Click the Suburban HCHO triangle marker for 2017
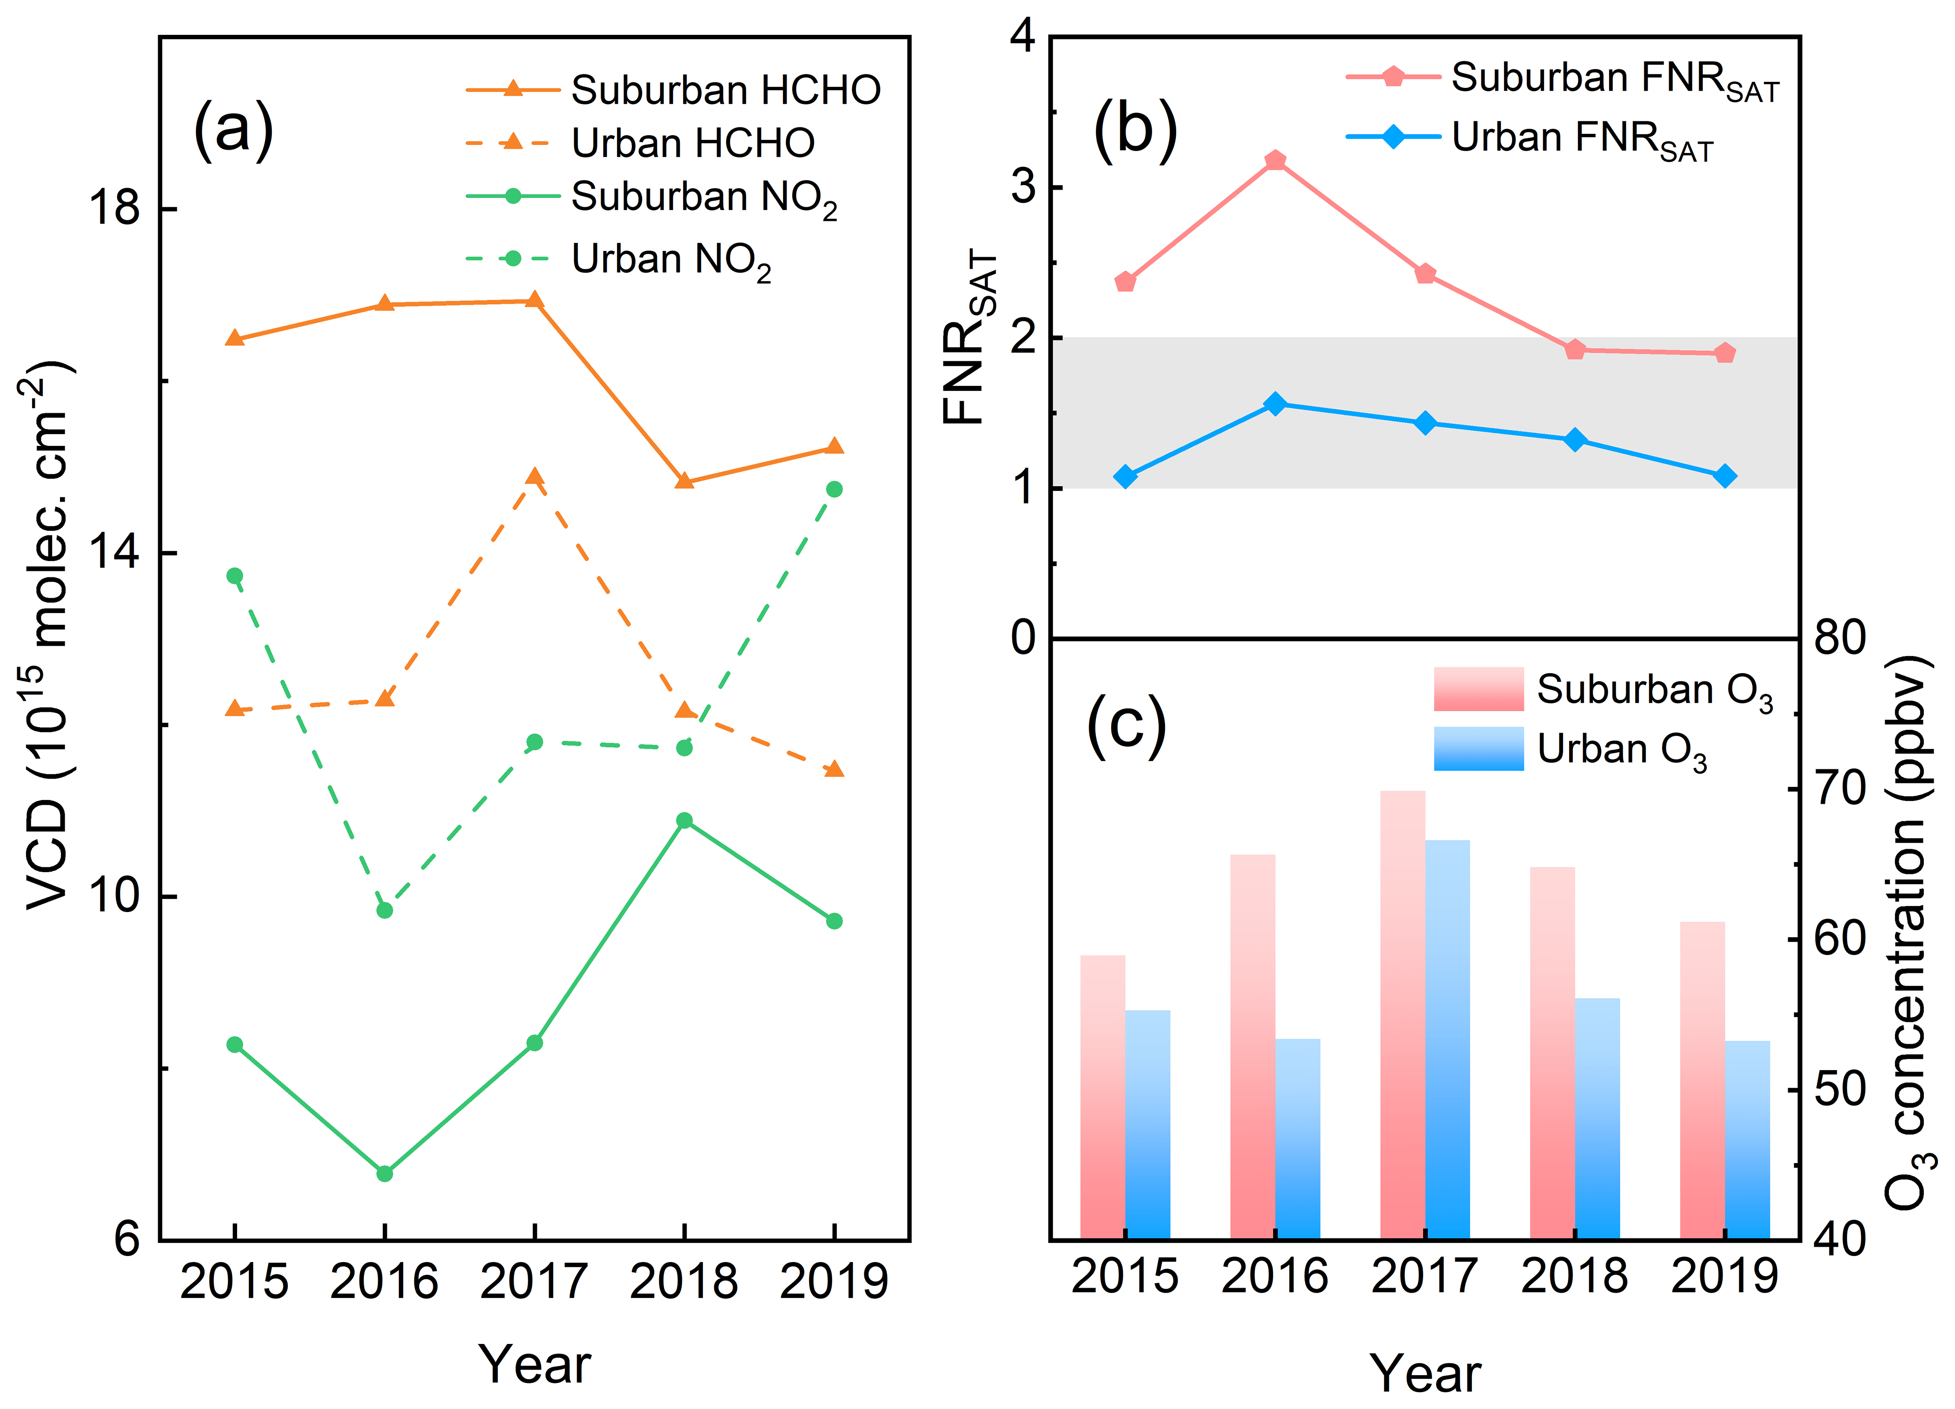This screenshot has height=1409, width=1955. point(535,300)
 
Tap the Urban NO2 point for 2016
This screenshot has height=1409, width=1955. point(384,910)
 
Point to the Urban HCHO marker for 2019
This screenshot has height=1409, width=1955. point(834,769)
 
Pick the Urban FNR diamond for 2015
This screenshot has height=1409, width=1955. point(1126,476)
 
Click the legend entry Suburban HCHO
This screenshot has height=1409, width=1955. point(672,90)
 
